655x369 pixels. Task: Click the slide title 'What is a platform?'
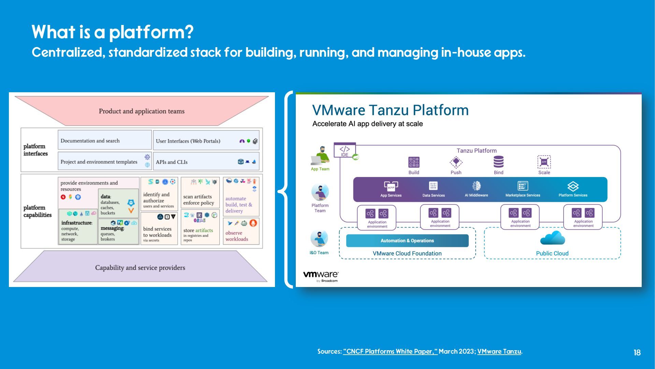coord(113,32)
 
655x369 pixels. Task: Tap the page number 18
coord(637,353)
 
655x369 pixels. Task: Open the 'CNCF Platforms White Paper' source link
coord(390,351)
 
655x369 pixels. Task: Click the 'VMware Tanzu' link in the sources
coord(499,351)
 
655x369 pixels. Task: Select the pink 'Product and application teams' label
coord(142,111)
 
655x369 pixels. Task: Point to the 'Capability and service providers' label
coord(140,268)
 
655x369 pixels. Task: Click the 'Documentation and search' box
coord(104,140)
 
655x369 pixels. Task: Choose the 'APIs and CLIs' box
coord(206,161)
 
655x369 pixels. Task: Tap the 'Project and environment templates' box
coord(104,161)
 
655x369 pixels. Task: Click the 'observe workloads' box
coord(241,231)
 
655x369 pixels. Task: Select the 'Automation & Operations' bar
coord(407,241)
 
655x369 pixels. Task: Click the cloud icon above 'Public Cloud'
coord(553,238)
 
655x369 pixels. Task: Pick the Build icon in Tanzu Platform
coord(414,162)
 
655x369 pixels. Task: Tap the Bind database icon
coord(498,162)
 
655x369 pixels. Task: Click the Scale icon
coord(544,162)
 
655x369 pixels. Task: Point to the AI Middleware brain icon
coord(477,186)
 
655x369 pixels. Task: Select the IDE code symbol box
coord(345,150)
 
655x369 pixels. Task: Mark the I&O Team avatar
coord(319,238)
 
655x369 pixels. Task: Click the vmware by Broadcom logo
coord(321,276)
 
